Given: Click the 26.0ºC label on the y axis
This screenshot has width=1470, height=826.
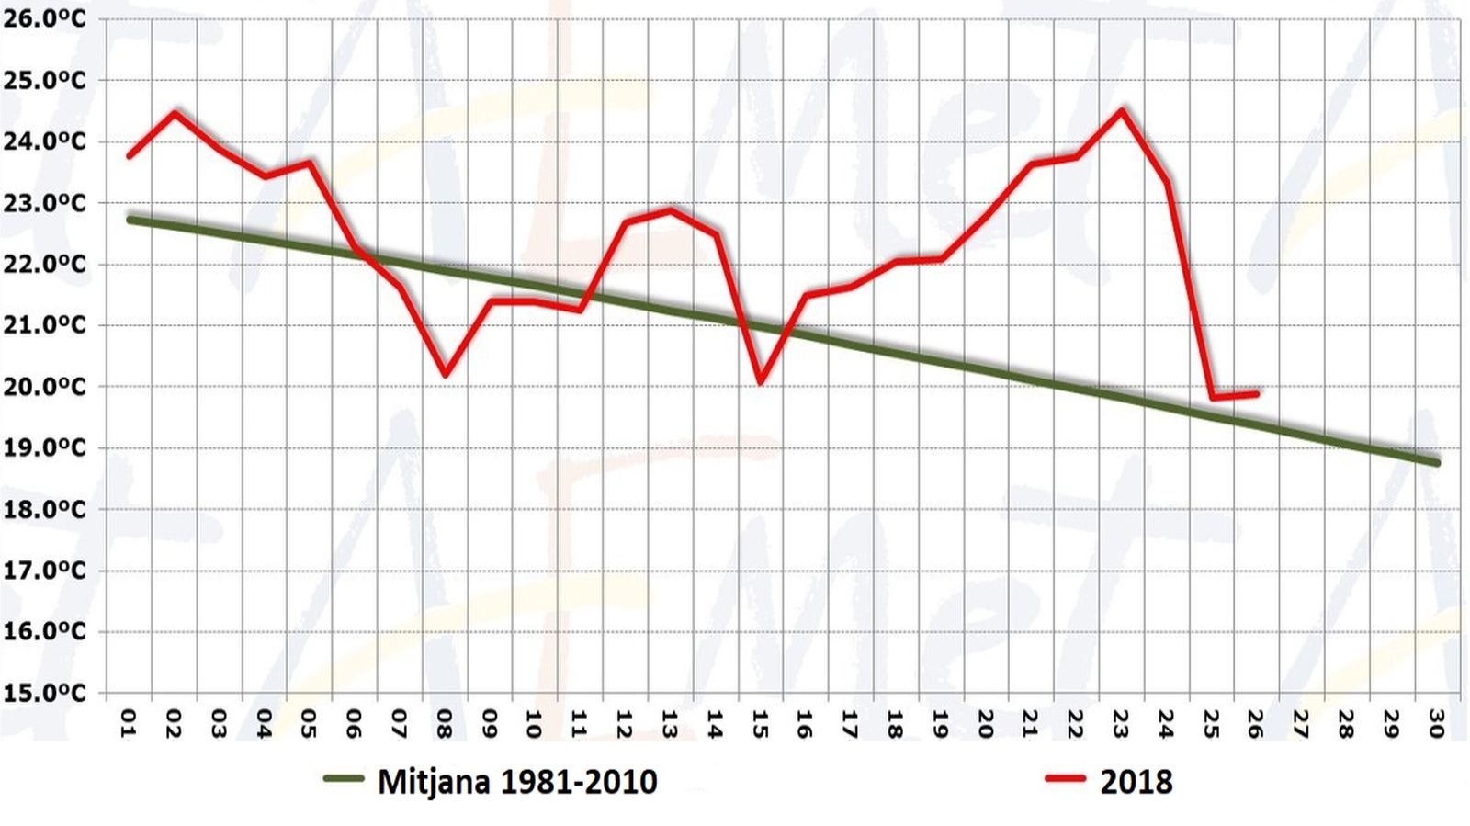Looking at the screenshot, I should click(43, 18).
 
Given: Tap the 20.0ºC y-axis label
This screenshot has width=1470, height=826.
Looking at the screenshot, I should click(43, 386).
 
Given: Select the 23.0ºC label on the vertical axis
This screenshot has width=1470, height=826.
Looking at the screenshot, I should click(43, 202).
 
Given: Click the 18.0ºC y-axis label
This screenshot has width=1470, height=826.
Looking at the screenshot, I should click(43, 509).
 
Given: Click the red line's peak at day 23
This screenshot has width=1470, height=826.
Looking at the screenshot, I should click(1122, 111).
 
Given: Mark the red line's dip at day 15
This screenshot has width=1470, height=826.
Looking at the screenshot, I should click(761, 382).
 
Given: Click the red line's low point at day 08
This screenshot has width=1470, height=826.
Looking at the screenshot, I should click(446, 375).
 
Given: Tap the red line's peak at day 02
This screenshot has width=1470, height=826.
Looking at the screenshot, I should click(175, 113).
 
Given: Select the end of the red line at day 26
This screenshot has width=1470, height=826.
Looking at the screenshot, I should click(1256, 393).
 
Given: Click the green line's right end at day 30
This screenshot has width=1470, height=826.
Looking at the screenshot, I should click(1436, 462).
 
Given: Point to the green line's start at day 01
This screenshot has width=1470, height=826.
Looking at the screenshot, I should click(130, 220).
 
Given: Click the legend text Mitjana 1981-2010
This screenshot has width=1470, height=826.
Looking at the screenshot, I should click(517, 782).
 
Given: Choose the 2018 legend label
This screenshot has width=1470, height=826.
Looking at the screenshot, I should click(1136, 782).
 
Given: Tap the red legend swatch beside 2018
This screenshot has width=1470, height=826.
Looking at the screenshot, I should click(1066, 779).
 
